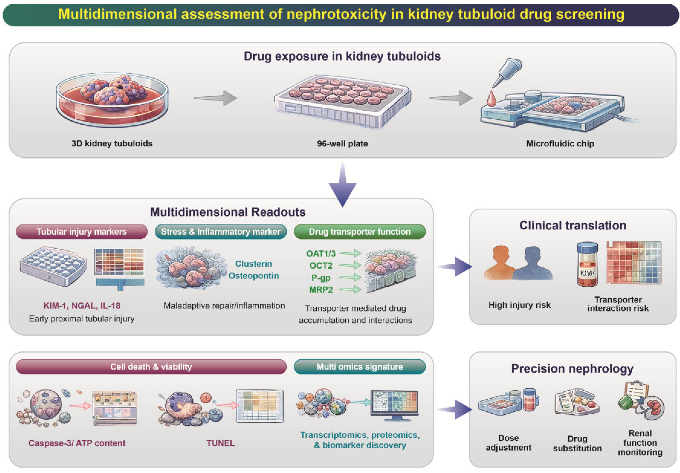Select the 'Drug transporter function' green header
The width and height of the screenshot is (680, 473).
pos(359,231)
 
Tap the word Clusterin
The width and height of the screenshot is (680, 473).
pos(254,264)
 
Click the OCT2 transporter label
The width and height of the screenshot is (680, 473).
pos(321,266)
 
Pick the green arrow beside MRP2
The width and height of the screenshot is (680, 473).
pos(350,289)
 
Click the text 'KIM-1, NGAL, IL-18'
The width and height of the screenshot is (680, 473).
pos(82,306)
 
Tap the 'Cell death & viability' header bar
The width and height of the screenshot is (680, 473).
pos(151,367)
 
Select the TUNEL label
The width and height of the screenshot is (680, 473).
pos(220,443)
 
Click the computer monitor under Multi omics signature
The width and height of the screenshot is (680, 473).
pos(394,404)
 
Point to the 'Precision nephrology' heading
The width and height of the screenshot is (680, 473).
pos(572,368)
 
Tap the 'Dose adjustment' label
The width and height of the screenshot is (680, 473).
pos(508,443)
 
